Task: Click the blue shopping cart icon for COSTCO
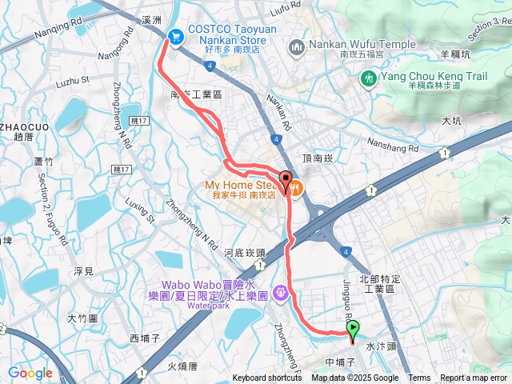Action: [174, 35]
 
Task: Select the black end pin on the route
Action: [286, 179]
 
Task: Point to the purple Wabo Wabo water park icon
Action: [281, 293]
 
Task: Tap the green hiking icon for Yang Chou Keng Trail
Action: [369, 78]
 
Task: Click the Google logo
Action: [30, 373]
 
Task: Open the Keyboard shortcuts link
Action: [267, 378]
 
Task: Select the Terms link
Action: [419, 378]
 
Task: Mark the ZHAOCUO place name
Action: [22, 126]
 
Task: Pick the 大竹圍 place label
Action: [82, 318]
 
